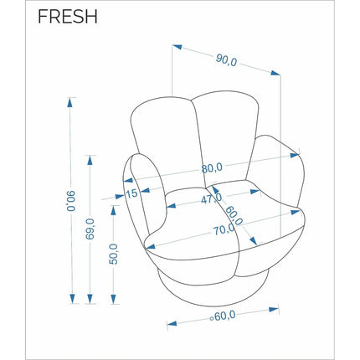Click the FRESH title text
click(68, 16)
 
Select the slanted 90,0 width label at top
click(226, 60)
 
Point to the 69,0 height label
click(90, 229)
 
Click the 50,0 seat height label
click(113, 254)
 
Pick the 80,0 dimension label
click(212, 168)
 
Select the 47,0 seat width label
click(212, 198)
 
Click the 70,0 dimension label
click(224, 229)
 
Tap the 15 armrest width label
click(131, 193)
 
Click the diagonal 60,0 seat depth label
click(234, 215)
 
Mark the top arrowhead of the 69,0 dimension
click(90, 160)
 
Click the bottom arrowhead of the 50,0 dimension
click(113, 299)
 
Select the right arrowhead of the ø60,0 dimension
click(274, 310)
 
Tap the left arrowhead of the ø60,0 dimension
click(172, 324)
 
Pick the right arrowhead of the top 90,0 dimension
click(275, 73)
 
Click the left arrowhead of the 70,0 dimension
click(151, 246)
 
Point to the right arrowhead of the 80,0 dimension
click(295, 155)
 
